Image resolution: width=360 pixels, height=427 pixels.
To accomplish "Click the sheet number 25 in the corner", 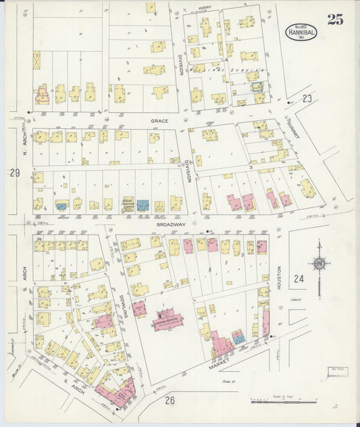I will point(334,19).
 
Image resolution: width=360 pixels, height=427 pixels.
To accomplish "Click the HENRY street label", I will point(205,7).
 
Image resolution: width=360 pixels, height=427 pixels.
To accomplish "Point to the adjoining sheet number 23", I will point(307,99).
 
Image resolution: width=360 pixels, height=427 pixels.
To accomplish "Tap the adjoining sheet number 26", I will point(170,401).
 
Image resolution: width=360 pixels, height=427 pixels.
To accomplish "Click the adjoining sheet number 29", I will point(15,174).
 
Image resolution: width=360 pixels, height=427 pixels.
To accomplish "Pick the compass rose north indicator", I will point(319,263).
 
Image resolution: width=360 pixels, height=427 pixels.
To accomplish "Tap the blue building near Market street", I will point(238,336).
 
